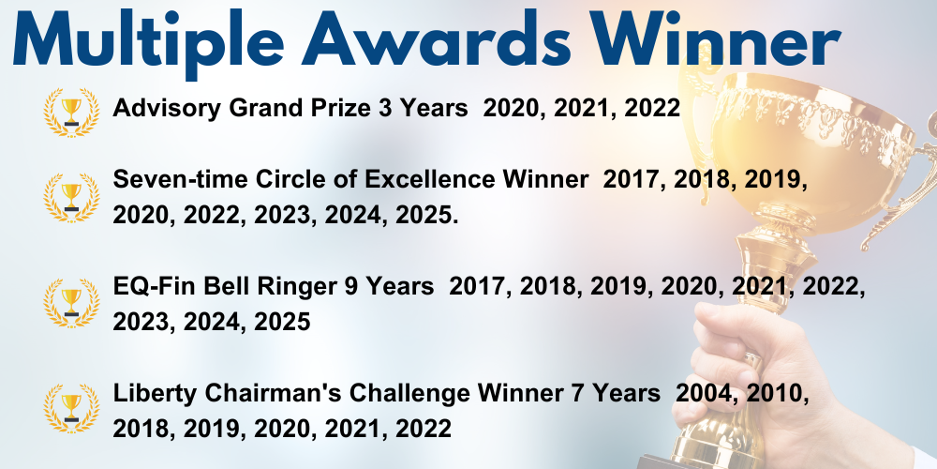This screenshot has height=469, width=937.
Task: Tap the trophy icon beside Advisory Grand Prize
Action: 72,112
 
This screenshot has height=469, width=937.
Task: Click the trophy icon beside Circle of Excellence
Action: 72,197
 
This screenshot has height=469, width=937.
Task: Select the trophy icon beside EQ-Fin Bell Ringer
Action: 72,303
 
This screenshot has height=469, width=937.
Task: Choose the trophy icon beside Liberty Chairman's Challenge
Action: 72,407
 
